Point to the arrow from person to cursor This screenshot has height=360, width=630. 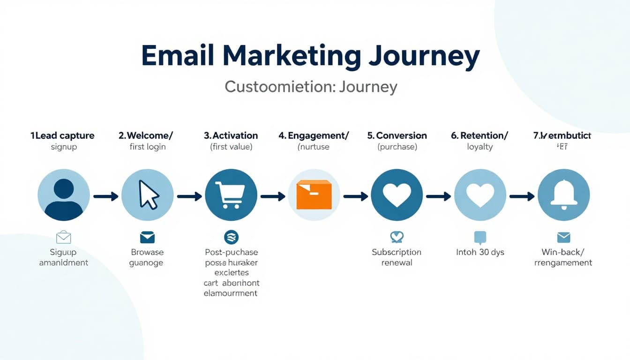(105, 196)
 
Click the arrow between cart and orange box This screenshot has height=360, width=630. (272, 196)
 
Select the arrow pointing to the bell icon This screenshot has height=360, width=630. (522, 196)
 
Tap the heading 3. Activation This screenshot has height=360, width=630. (231, 135)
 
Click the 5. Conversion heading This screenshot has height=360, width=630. (397, 135)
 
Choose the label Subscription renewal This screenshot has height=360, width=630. (397, 257)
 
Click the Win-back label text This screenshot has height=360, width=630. (563, 252)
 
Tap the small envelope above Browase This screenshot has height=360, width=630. (147, 237)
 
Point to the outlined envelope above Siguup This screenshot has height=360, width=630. (63, 237)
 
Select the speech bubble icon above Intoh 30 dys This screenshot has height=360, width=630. (480, 238)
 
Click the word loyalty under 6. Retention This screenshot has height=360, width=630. (480, 147)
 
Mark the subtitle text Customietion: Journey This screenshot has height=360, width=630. (311, 87)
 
